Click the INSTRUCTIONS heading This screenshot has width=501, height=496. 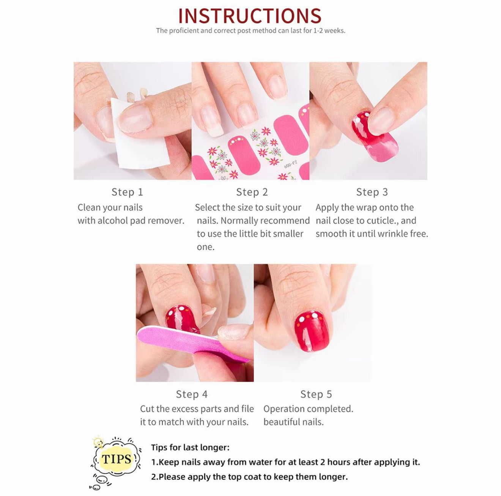pos(250,16)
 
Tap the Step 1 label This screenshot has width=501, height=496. pos(128,192)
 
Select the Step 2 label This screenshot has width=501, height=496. pos(252,192)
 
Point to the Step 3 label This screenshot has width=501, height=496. pos(372,192)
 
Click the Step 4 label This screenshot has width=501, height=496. pos(192,394)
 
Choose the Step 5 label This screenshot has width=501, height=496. pos(316,394)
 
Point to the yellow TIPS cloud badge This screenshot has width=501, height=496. pos(116,459)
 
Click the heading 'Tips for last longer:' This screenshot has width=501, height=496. pos(190,447)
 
